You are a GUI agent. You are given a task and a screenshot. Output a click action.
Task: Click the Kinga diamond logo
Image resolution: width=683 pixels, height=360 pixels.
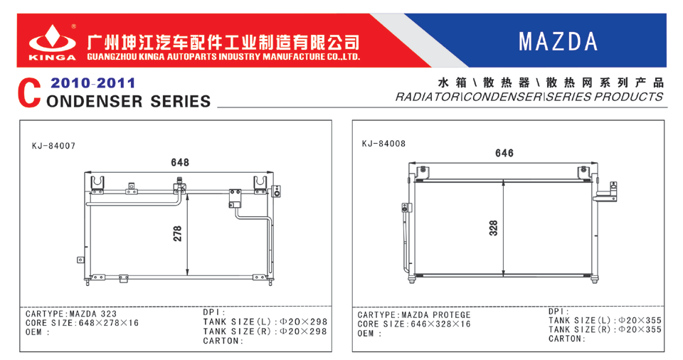pos(52,39)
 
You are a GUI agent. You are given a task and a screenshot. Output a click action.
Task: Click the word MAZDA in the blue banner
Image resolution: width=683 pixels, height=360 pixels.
pos(558,42)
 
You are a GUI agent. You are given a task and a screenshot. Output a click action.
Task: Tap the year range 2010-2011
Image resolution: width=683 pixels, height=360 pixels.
pos(92,83)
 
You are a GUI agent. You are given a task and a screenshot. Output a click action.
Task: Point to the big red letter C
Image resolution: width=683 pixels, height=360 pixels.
pos(29,93)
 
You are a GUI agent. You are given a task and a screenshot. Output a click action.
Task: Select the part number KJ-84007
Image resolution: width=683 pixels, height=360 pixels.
pos(53,146)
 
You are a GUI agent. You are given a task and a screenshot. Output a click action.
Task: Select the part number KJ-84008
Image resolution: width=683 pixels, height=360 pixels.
pos(383,144)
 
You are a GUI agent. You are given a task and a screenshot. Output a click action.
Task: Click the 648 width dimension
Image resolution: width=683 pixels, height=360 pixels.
pos(180,162)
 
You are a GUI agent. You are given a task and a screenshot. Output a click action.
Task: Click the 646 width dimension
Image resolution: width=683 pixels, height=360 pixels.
pos(504,153)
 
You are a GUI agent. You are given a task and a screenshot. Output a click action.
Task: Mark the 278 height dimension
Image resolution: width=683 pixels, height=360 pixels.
pos(177,233)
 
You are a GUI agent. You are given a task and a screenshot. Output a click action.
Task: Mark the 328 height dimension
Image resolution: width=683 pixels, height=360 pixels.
pos(493,228)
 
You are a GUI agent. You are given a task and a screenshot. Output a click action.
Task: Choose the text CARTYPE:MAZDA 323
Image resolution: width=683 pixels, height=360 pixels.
pos(71,314)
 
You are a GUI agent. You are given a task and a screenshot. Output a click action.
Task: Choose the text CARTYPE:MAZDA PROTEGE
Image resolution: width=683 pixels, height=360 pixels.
pos(414,314)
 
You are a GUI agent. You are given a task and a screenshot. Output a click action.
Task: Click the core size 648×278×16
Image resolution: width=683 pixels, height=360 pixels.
pos(108,323)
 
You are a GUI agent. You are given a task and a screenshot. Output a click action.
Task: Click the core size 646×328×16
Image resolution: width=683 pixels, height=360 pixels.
pos(441,324)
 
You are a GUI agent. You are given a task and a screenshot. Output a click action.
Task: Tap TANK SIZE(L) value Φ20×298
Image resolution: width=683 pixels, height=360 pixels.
pos(303,322)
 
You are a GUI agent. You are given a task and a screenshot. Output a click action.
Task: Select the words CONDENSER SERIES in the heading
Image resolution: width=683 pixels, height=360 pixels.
pos(129,102)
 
